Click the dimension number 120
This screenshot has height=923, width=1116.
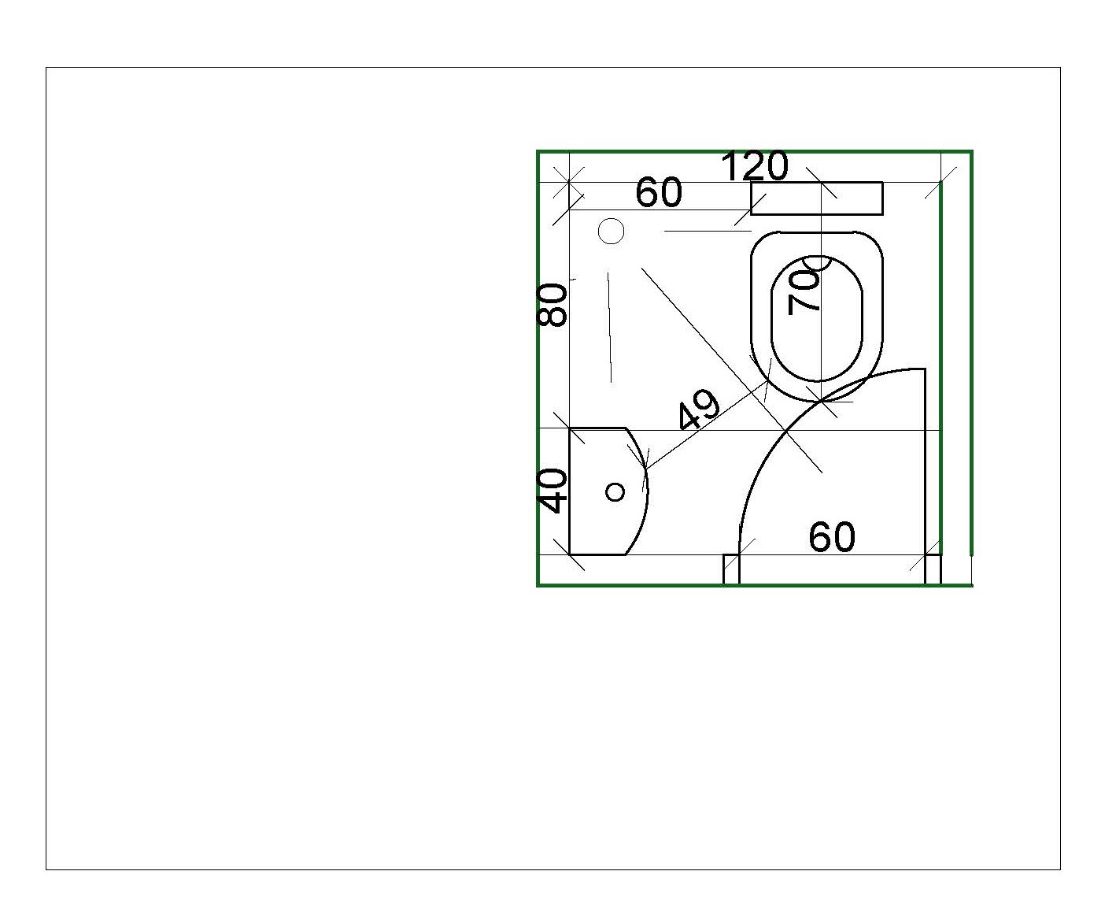(754, 165)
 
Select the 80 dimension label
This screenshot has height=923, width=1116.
(552, 305)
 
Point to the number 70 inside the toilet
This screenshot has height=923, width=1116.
(804, 291)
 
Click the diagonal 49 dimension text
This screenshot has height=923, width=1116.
(699, 410)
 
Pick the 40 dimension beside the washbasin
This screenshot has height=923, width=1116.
(552, 491)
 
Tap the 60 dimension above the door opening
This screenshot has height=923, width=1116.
(832, 537)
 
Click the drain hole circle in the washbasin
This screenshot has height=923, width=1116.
(615, 491)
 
